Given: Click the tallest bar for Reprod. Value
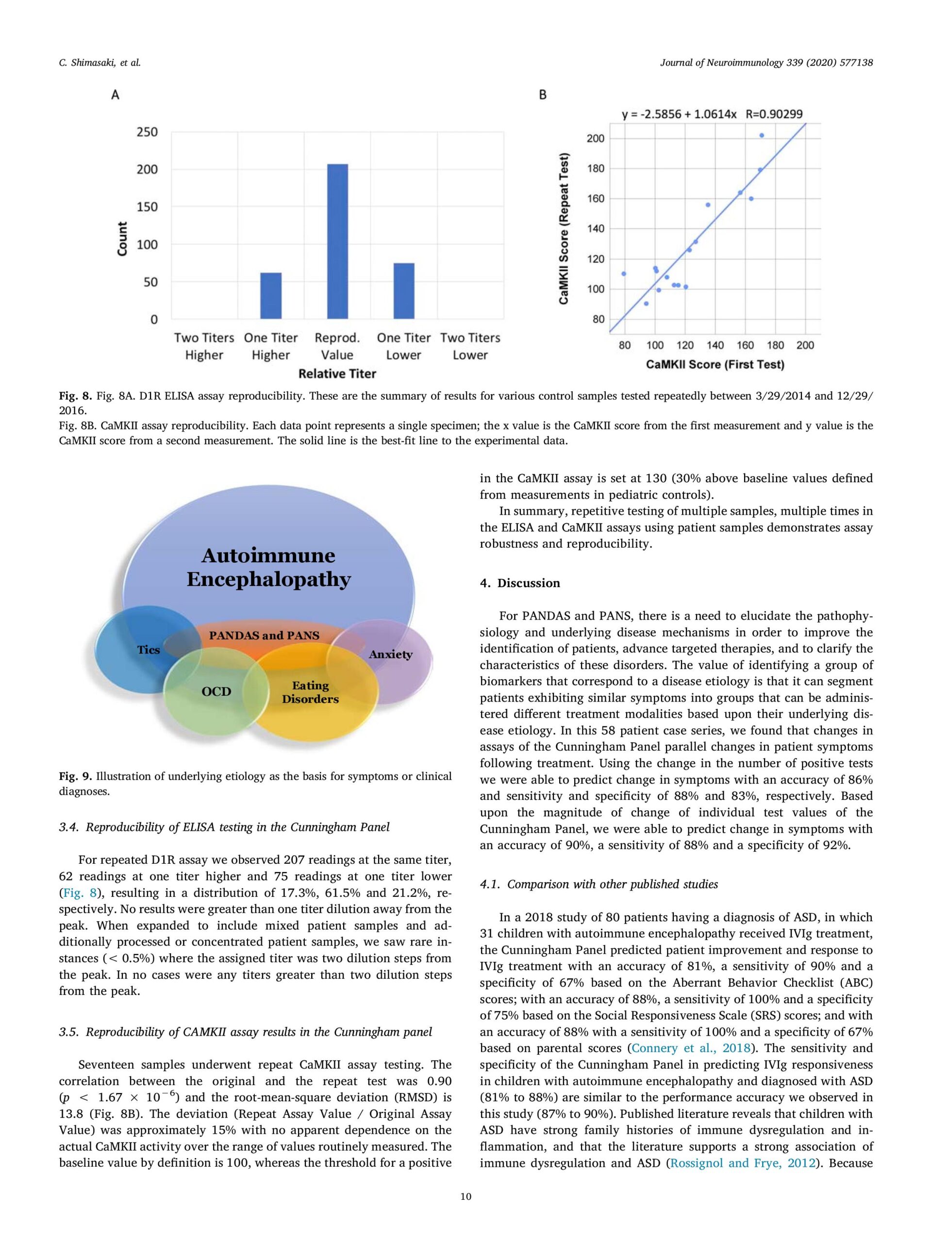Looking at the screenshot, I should click(337, 242).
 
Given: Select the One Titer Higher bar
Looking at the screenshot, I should click(271, 296).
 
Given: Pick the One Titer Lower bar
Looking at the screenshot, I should click(404, 291).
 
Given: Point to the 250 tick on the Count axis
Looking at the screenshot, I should click(147, 132).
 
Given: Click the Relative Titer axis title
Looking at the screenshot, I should click(337, 374).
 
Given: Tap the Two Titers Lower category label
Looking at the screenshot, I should click(470, 346).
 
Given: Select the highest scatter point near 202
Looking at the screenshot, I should click(762, 135).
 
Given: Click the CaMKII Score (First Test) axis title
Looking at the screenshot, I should click(715, 365).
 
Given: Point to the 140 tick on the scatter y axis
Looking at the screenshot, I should click(596, 229).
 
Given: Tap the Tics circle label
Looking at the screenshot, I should click(149, 650).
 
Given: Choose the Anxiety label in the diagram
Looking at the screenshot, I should click(390, 655).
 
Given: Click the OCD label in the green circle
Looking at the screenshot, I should click(216, 692).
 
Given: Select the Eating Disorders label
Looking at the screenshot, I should click(310, 692).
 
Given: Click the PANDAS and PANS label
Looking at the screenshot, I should click(264, 636).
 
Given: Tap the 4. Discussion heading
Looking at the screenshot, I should click(520, 583).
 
